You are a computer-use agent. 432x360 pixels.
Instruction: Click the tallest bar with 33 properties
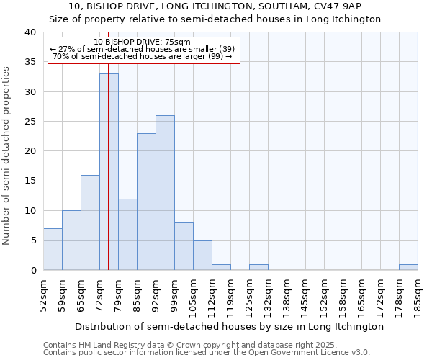[x=109, y=173]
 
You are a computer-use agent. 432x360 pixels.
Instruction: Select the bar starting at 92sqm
[x=165, y=193]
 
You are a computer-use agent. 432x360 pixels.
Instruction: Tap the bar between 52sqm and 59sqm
[x=53, y=249]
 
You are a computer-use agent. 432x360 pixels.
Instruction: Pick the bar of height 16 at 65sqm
[x=90, y=222]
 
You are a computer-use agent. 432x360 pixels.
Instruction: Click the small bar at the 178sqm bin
[x=408, y=267]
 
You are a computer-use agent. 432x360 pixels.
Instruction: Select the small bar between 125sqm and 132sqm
[x=258, y=267]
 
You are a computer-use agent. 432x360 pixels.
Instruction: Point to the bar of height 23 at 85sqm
[x=146, y=202]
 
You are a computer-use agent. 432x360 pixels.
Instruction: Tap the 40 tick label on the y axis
[x=30, y=32]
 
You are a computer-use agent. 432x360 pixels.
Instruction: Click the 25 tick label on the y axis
[x=30, y=122]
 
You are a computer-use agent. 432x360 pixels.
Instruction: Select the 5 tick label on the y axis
[x=32, y=240]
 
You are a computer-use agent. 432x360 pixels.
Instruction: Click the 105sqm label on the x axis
[x=194, y=295]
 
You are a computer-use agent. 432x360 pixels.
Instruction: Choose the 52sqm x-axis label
[x=44, y=295]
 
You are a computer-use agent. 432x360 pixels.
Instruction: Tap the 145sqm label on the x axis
[x=306, y=295]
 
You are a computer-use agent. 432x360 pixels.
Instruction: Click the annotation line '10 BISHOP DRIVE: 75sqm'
[x=143, y=42]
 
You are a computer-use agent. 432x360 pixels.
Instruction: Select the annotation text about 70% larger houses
[x=143, y=56]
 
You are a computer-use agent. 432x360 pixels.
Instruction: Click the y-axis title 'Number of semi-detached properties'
[x=6, y=155]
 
